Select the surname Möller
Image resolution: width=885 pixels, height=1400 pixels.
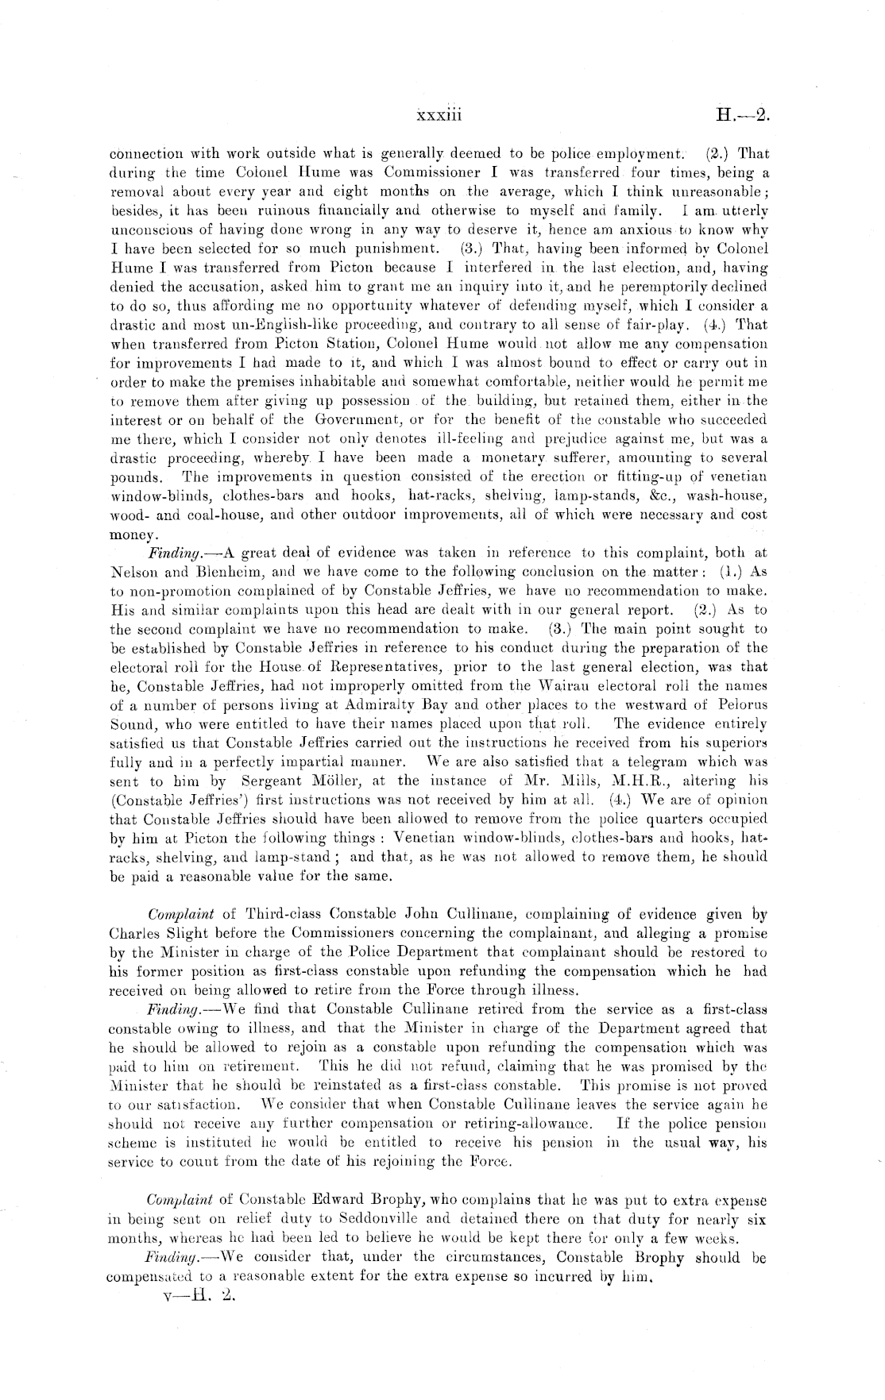(x=327, y=781)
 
